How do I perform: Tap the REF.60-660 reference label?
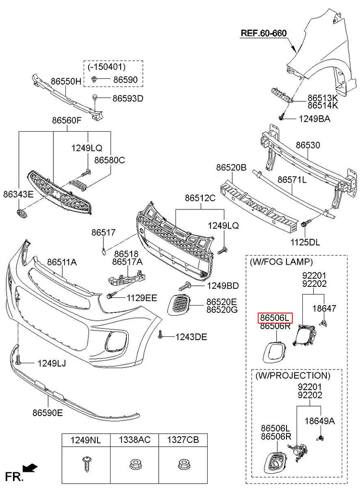[263, 33]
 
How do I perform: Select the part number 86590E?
[48, 412]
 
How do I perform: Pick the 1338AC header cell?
[134, 440]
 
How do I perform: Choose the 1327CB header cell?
[183, 440]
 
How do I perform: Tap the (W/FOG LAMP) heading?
[281, 262]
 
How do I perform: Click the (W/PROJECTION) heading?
[292, 375]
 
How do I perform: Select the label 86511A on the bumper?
[62, 262]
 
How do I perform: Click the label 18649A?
[320, 421]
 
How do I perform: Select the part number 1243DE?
[191, 337]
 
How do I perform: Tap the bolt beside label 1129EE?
[110, 295]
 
